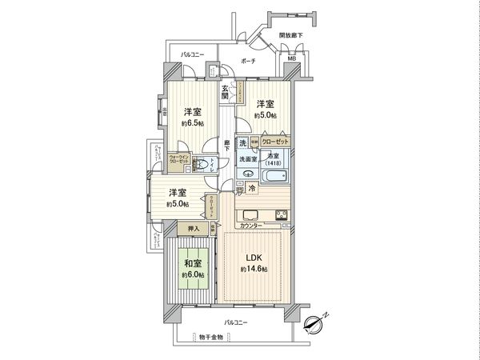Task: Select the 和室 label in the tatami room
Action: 191,262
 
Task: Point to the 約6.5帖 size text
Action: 191,124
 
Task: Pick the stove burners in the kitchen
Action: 281,214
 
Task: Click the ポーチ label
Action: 249,60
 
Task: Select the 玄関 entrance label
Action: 226,92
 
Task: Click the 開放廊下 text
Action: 291,36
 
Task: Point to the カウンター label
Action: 251,227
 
